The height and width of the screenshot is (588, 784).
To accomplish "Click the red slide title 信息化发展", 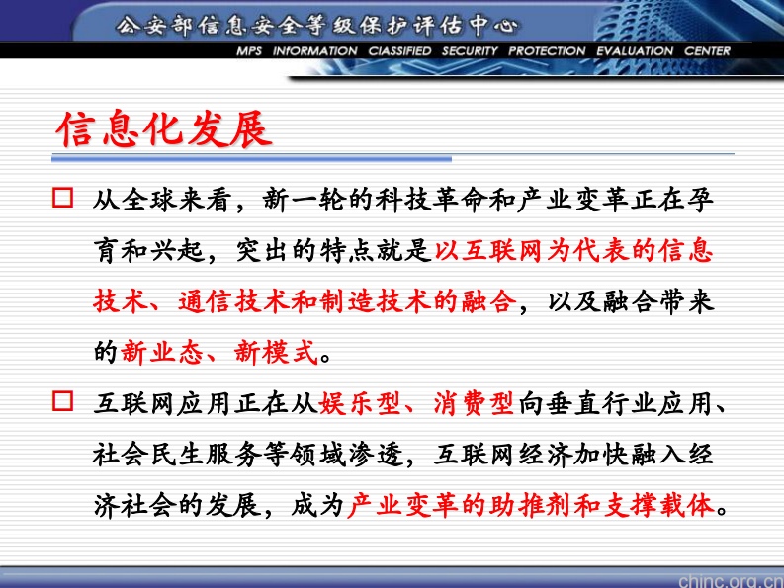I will pos(163,129).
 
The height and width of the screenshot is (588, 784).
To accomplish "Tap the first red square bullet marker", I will pos(63,198).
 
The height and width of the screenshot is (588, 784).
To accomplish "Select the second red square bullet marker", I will pos(63,401).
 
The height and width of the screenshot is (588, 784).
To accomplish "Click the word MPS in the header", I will pos(249,51).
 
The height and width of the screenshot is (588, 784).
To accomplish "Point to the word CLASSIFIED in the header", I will pos(398,51).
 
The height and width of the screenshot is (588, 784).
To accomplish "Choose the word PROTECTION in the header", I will pos(547,51).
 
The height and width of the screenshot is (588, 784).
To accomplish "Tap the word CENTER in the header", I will pos(707,51).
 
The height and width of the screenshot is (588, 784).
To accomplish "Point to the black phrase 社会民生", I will pos(148,454).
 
